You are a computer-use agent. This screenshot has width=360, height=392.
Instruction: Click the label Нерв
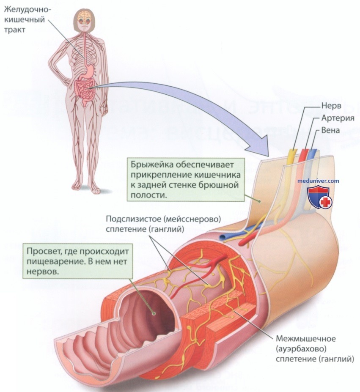331,106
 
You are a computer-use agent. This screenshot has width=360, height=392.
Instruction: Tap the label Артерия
338,118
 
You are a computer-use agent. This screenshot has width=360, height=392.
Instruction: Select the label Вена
330,130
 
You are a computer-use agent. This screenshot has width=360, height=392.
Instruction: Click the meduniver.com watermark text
318,181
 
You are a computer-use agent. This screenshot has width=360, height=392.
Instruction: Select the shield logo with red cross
319,198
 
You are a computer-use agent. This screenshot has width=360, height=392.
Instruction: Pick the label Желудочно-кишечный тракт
28,19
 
